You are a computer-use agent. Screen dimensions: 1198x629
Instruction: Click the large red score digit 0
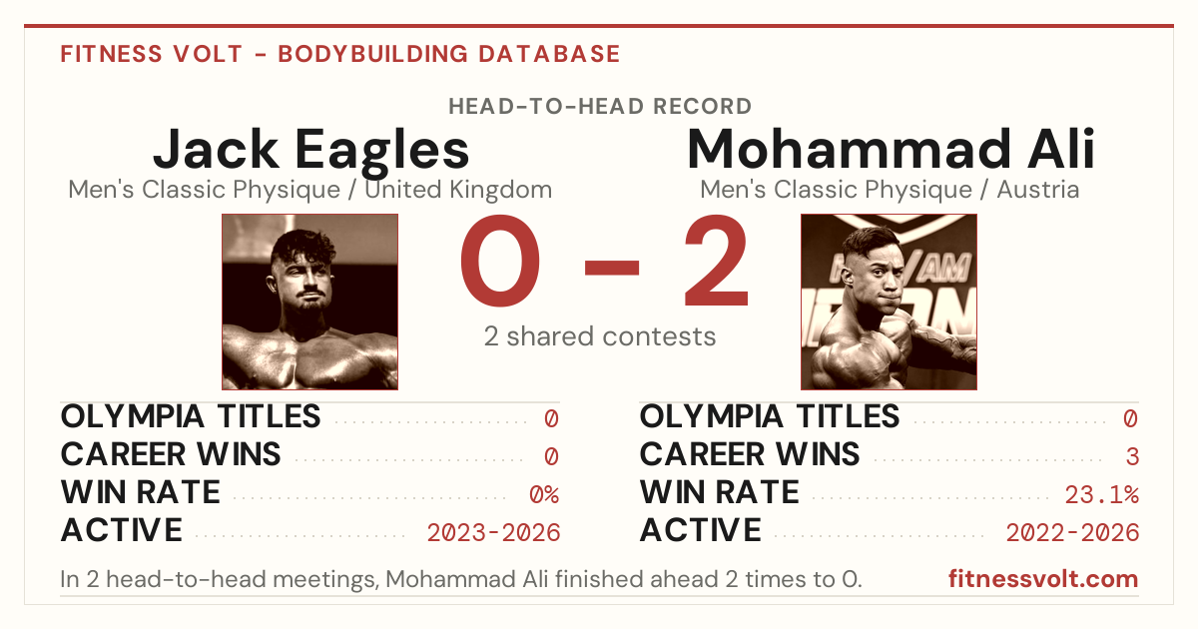[x=500, y=261]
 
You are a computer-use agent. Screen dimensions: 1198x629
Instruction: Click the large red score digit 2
[x=717, y=260]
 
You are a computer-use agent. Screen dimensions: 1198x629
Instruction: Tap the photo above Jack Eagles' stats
[x=309, y=302]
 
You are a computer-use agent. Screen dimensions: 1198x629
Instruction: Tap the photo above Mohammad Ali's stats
[x=889, y=302]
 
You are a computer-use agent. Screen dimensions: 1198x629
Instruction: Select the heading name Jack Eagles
[x=310, y=149]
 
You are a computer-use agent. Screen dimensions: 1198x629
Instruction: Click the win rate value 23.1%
[x=1101, y=495]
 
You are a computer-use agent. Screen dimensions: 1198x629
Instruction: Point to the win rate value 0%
[x=544, y=495]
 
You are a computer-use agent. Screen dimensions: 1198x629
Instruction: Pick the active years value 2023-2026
[x=493, y=533]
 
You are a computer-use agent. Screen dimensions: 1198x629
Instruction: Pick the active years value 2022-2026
[x=1072, y=533]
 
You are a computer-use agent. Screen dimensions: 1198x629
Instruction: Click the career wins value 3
[x=1132, y=457]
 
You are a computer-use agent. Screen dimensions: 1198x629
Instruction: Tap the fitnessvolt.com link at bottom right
[x=1043, y=579]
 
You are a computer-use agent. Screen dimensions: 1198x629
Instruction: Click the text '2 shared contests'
[x=600, y=336]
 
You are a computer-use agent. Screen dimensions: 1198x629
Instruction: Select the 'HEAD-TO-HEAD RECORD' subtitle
[x=600, y=107]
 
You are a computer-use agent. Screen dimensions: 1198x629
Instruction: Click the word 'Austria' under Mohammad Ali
[x=1037, y=190]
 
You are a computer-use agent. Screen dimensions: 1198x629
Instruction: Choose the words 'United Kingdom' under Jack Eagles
[x=458, y=190]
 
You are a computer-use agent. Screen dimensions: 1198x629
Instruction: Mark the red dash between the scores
[x=612, y=268]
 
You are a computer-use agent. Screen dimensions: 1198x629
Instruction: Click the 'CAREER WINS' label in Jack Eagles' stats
[x=171, y=454]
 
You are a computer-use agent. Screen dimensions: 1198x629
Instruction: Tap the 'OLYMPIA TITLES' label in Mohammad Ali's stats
[x=770, y=416]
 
